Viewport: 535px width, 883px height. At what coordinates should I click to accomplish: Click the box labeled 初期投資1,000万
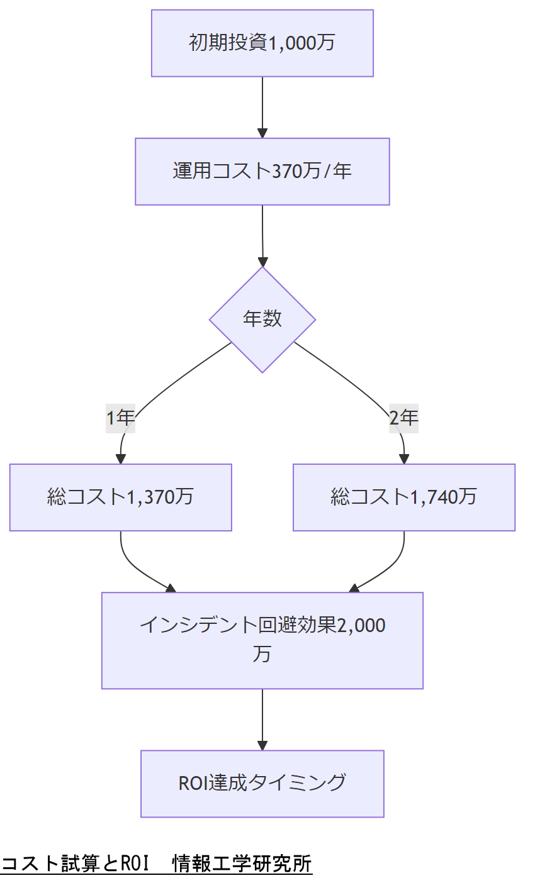pyautogui.click(x=262, y=43)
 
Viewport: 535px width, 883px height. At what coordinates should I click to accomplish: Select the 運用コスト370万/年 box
pyautogui.click(x=262, y=172)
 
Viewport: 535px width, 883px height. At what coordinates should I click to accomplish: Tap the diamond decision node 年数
pyautogui.click(x=262, y=319)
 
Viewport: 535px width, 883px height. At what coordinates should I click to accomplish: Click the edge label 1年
pyautogui.click(x=120, y=418)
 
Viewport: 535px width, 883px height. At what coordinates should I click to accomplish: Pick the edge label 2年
pyautogui.click(x=403, y=418)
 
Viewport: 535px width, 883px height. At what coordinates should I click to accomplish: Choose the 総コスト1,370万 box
pyautogui.click(x=120, y=497)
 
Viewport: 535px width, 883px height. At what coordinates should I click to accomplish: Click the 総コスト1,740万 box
pyautogui.click(x=403, y=497)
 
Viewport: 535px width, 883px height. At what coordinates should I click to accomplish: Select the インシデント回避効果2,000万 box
pyautogui.click(x=262, y=640)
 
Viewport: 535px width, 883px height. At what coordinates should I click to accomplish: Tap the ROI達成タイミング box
pyautogui.click(x=262, y=783)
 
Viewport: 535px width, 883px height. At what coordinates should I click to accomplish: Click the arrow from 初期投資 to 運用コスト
pyautogui.click(x=262, y=107)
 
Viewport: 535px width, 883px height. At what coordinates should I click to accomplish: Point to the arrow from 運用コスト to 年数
pyautogui.click(x=262, y=235)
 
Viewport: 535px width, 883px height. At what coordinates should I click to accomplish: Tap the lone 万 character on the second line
pyautogui.click(x=262, y=654)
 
